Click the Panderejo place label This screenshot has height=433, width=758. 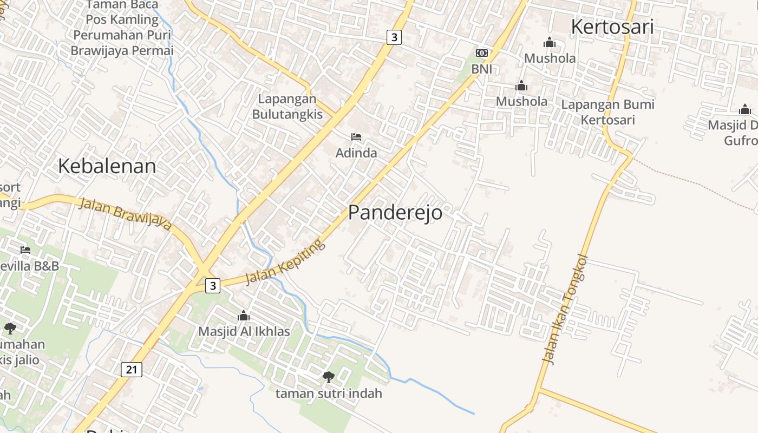(395, 213)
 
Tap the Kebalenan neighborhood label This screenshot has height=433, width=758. (107, 166)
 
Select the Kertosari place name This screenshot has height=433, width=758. (612, 27)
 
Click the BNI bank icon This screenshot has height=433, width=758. (481, 53)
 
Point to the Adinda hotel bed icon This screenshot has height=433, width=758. (356, 137)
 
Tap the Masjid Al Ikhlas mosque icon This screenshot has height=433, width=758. (244, 315)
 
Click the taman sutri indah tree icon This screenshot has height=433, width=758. (328, 377)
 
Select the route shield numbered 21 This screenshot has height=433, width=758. (131, 370)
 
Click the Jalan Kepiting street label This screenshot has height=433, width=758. (285, 263)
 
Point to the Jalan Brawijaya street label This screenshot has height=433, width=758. (125, 214)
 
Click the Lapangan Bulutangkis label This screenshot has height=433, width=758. (287, 107)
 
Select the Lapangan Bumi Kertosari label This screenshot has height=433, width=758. (607, 111)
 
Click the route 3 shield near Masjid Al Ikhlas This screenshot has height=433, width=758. (213, 285)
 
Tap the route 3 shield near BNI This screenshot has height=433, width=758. (394, 37)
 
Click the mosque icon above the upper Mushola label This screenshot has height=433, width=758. (550, 42)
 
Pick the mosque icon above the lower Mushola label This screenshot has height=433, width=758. (521, 86)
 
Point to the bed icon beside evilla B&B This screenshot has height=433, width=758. (25, 250)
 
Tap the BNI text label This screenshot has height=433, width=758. (481, 69)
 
